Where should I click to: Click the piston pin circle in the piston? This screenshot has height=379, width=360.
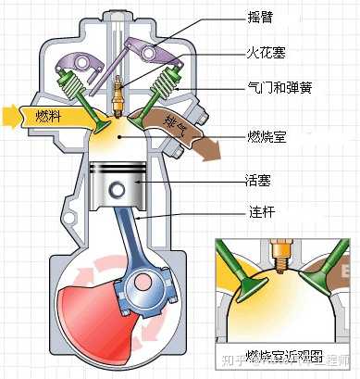tap(117, 191)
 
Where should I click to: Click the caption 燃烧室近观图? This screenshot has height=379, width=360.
tap(282, 356)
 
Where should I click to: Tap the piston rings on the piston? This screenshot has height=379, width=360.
tap(117, 171)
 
